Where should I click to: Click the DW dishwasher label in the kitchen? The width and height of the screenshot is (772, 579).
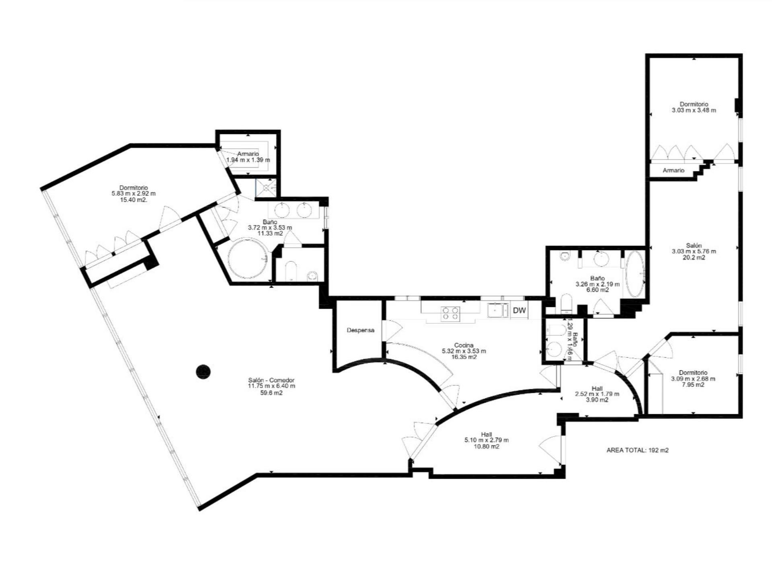point(519,310)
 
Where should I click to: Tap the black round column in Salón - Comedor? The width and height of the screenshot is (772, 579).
point(203,372)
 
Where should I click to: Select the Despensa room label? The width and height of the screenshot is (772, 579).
point(361,330)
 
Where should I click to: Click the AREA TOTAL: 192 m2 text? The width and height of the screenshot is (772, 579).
point(637,450)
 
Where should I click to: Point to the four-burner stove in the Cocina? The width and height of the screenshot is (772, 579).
point(450,313)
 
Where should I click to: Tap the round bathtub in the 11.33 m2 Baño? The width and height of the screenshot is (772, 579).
point(247,259)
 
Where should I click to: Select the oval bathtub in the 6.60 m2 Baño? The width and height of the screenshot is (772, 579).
point(635,274)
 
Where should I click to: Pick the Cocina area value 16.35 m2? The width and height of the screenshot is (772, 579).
point(464,357)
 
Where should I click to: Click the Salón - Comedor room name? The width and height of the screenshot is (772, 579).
point(271,380)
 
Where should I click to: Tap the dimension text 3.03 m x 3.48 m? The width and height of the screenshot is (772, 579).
point(694,110)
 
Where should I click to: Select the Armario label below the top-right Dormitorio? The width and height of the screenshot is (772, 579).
point(673,170)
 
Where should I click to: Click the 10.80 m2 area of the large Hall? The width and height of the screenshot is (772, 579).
point(487,446)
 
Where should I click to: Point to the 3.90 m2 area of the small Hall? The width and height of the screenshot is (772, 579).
point(597,400)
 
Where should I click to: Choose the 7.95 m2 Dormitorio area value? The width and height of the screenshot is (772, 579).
point(693,384)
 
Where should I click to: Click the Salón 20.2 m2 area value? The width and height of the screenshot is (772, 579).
point(694,257)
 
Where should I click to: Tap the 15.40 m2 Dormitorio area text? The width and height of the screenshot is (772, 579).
point(133,199)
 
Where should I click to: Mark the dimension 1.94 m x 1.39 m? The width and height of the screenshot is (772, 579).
point(248,160)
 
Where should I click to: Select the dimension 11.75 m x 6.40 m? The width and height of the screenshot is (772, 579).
point(271,386)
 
